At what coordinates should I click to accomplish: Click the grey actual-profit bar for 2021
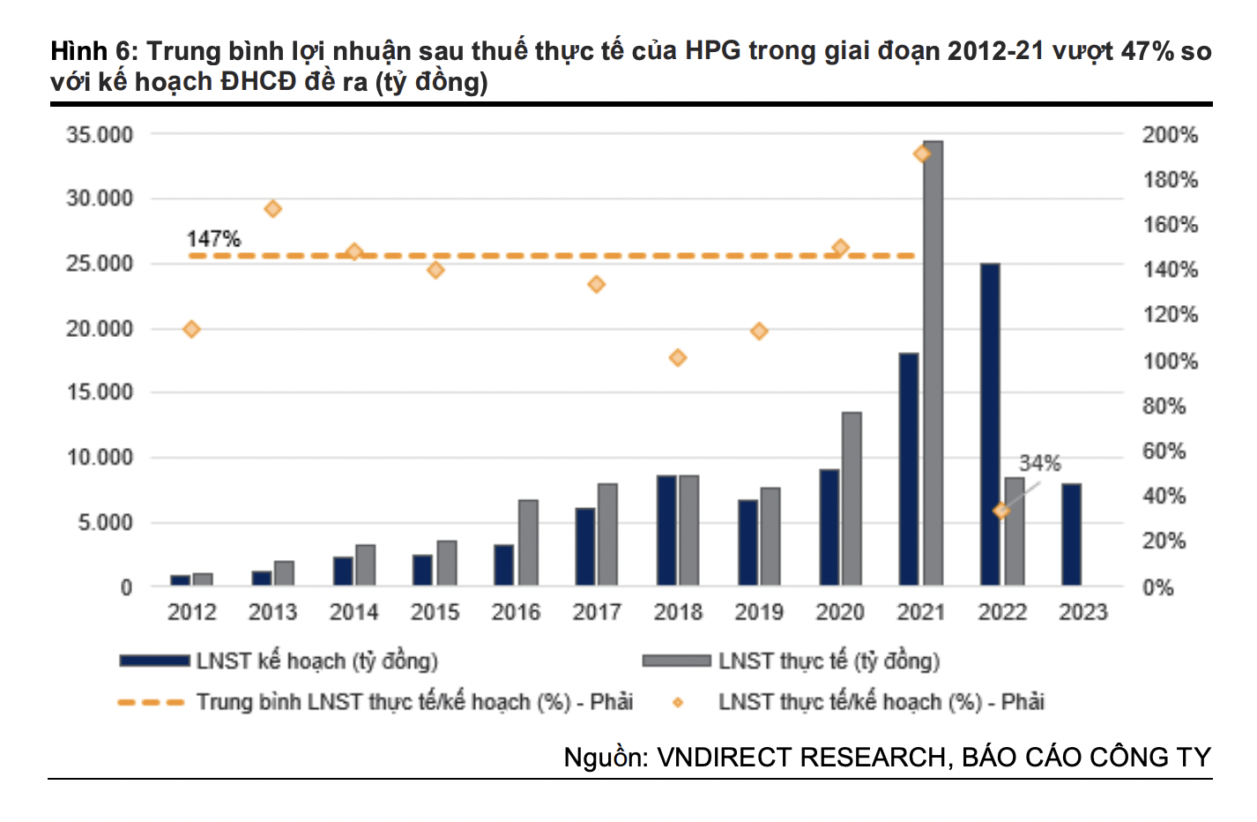coord(933,362)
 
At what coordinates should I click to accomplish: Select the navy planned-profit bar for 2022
coord(990,423)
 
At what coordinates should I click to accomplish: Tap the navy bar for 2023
coord(1071,534)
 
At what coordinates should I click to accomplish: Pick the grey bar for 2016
coord(528,542)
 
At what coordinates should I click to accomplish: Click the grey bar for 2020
coord(852,498)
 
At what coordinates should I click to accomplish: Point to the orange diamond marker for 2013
coord(273,209)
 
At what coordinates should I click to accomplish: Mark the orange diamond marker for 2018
coord(678,358)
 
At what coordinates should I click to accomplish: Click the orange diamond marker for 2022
coord(1001,511)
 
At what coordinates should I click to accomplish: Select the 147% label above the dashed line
coord(213,238)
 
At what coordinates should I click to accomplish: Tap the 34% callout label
coord(1040,463)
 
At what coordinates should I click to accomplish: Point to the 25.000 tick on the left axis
coord(100,264)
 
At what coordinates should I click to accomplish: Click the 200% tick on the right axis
coord(1170,135)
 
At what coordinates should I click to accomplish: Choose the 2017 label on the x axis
coord(597,612)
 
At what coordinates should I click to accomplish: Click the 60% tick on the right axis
coord(1164,452)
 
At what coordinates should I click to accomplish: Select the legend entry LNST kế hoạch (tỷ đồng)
coord(316,661)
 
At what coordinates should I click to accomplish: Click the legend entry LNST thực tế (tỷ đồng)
coord(829,661)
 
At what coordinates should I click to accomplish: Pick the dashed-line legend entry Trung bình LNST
coord(414,702)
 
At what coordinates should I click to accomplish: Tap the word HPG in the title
coord(713,50)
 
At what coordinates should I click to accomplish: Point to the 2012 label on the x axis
coord(192,612)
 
